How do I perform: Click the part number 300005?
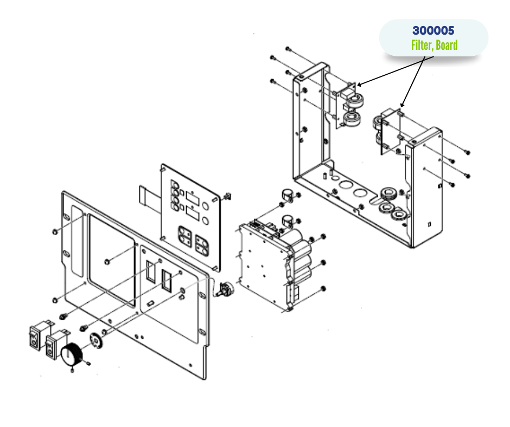[433, 31]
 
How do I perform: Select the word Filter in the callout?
[420, 45]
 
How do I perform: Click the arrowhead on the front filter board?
[401, 105]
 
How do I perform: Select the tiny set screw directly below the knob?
[72, 371]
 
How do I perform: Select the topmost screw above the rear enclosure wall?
[288, 49]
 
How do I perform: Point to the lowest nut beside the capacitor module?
[323, 288]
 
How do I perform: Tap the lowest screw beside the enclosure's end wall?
[451, 185]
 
